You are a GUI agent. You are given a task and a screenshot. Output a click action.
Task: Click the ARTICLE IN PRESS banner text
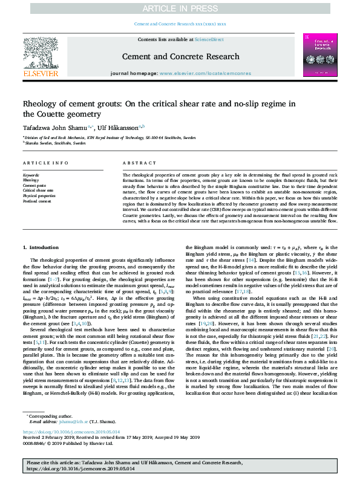click(x=180, y=8)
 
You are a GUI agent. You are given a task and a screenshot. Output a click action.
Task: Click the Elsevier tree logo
click(x=41, y=57)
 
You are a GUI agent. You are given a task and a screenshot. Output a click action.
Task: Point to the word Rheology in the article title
click(x=41, y=104)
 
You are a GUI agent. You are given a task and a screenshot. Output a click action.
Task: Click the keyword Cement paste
click(x=34, y=185)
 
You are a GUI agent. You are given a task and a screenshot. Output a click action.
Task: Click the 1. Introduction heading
click(x=41, y=247)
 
